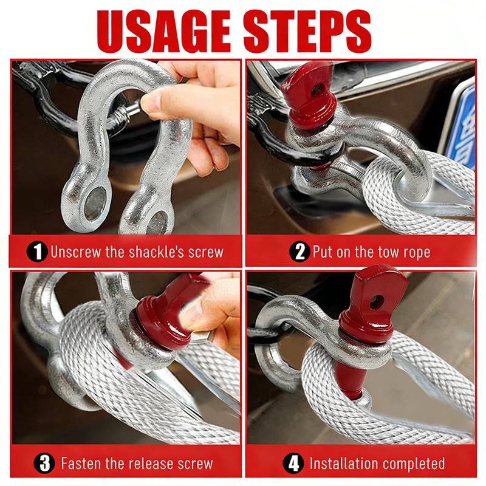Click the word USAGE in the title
(163, 31)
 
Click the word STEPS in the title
(307, 31)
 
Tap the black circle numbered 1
(37, 252)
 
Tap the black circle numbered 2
(299, 252)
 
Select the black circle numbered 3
(44, 464)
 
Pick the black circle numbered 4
(293, 464)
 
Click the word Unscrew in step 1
(75, 252)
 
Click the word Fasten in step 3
(81, 464)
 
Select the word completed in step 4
(414, 464)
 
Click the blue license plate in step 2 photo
(462, 127)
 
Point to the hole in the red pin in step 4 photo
(377, 302)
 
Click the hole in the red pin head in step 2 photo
(316, 90)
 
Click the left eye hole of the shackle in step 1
(95, 204)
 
